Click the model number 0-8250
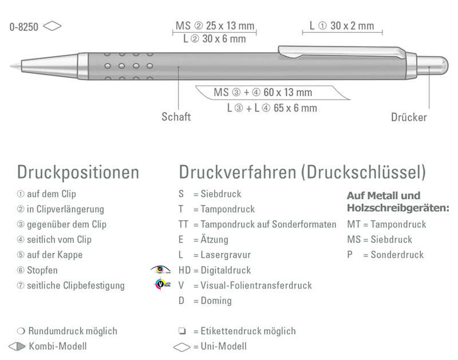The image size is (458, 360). pos(23,26)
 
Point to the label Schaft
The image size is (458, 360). pos(176,117)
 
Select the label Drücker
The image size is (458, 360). pos(409,117)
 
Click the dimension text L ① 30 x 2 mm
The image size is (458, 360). pos(342,26)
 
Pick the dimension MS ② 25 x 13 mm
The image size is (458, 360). pos(215,26)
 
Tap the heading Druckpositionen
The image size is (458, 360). pos(78,172)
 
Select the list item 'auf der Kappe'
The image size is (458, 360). pos(54,255)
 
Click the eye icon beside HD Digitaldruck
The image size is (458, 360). pos(161,270)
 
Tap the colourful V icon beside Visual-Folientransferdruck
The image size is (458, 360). pos(162,284)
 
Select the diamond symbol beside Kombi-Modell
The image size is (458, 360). pos(17,346)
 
